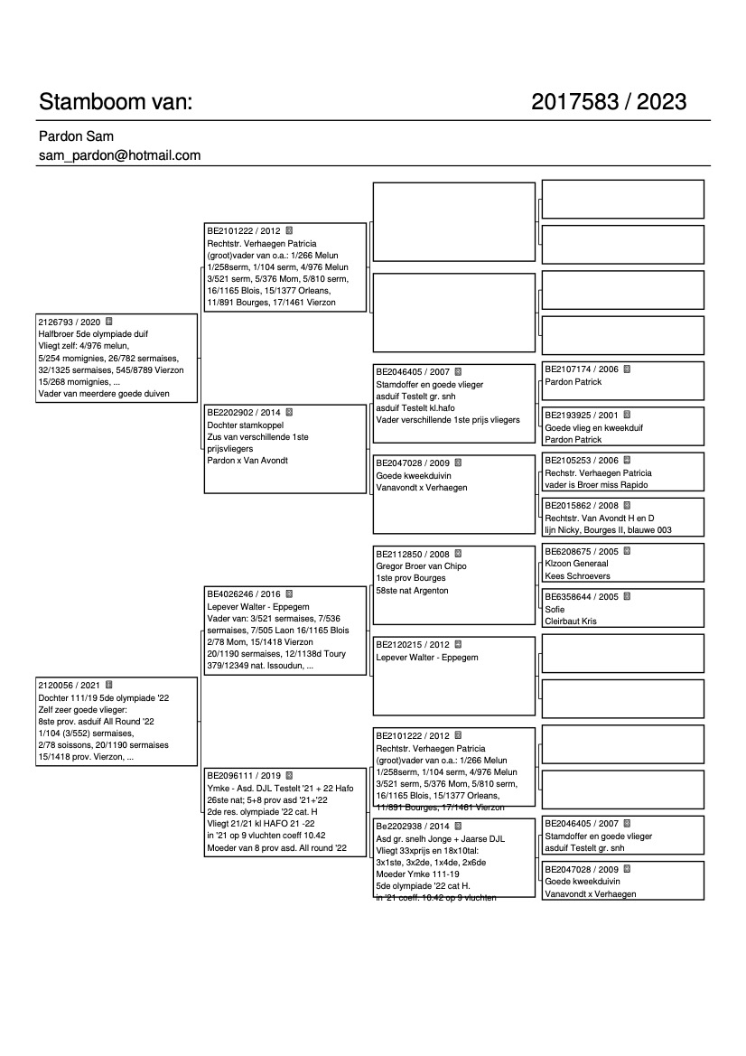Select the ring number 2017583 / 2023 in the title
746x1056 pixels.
point(609,102)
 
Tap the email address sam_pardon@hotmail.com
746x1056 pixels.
point(119,155)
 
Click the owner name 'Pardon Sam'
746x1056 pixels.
point(76,136)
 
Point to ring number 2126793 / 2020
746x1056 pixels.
point(69,322)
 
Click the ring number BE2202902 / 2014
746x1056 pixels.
point(244,412)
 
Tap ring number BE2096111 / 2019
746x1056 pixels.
point(244,775)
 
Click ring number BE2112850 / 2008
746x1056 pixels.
point(412,554)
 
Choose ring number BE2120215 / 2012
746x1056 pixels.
point(412,645)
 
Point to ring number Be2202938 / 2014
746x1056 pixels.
point(412,826)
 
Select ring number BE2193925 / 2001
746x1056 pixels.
point(582,416)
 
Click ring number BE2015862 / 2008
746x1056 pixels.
point(582,506)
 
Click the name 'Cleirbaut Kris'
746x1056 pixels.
point(571,621)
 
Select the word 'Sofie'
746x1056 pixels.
point(555,610)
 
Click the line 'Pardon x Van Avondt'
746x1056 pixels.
point(247,461)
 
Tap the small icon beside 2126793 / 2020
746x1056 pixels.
point(108,321)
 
